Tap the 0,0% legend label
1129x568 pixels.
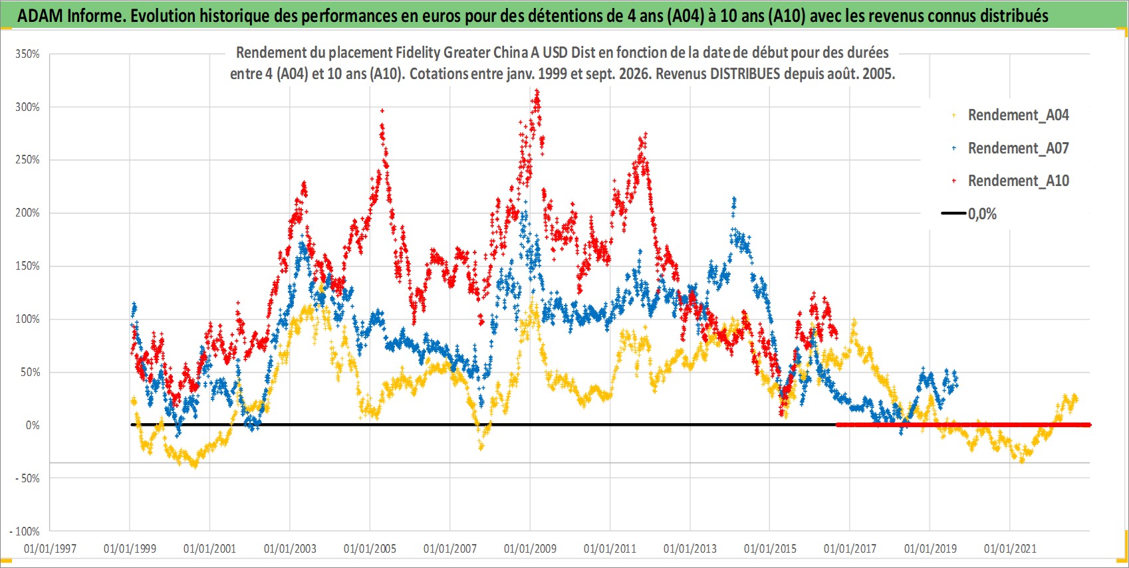pos(982,214)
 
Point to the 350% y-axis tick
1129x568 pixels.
pos(28,54)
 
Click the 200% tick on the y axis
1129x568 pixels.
pos(28,213)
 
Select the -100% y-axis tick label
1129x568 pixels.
pos(25,531)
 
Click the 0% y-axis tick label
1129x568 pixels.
pos(33,425)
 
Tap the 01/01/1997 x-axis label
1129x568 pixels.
pos(50,549)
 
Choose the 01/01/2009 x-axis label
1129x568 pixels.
pos(530,549)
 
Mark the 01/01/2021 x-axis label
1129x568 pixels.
pos(1010,549)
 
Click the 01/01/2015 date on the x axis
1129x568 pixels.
pos(770,549)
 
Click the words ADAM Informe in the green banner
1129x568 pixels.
pos(71,16)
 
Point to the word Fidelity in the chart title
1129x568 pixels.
pos(418,52)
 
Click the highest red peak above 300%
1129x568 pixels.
pos(537,91)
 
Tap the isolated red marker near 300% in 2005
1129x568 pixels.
pos(382,110)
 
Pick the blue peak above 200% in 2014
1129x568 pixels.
pos(734,199)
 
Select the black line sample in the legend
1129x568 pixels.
pos(953,213)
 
